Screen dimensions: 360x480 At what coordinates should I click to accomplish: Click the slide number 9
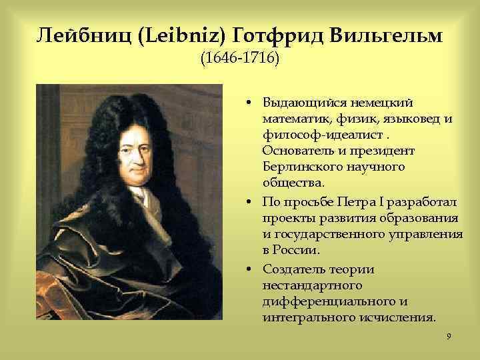click(449, 337)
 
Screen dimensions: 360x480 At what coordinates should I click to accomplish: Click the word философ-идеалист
click(311, 135)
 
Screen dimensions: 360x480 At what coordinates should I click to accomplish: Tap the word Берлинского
click(300, 167)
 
